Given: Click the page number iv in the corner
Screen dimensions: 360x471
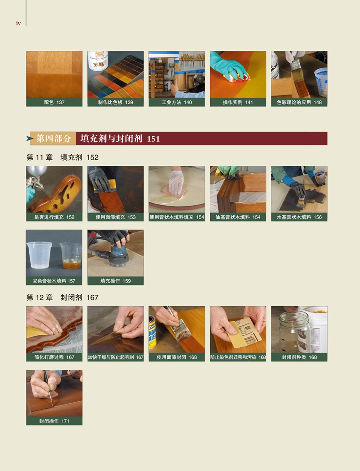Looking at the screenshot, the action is (x=18, y=24).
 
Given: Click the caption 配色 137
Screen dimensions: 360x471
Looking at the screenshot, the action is (x=54, y=102).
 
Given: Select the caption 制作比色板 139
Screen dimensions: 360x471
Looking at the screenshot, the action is (x=116, y=102).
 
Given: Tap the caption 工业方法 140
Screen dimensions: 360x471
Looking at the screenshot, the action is (x=177, y=102).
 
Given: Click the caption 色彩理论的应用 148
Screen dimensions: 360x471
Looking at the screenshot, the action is (x=299, y=102).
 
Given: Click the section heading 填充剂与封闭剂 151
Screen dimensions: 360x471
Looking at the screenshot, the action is (x=120, y=138).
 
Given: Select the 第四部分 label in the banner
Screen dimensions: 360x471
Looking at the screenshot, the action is (x=54, y=138).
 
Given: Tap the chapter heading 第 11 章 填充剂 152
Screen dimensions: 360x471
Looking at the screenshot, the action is (x=63, y=157).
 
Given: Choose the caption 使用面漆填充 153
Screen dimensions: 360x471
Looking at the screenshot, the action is (x=116, y=217).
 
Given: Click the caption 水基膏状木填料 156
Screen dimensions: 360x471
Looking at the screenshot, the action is (x=299, y=217).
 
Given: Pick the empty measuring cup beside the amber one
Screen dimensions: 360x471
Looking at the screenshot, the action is (x=40, y=255).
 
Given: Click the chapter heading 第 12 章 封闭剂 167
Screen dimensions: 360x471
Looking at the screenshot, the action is (x=63, y=297).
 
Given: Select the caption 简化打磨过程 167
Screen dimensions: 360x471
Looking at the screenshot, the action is (x=54, y=357).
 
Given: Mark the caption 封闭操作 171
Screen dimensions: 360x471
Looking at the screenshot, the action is (x=54, y=421).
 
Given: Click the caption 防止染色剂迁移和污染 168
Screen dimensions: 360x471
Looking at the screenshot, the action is (x=238, y=357).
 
